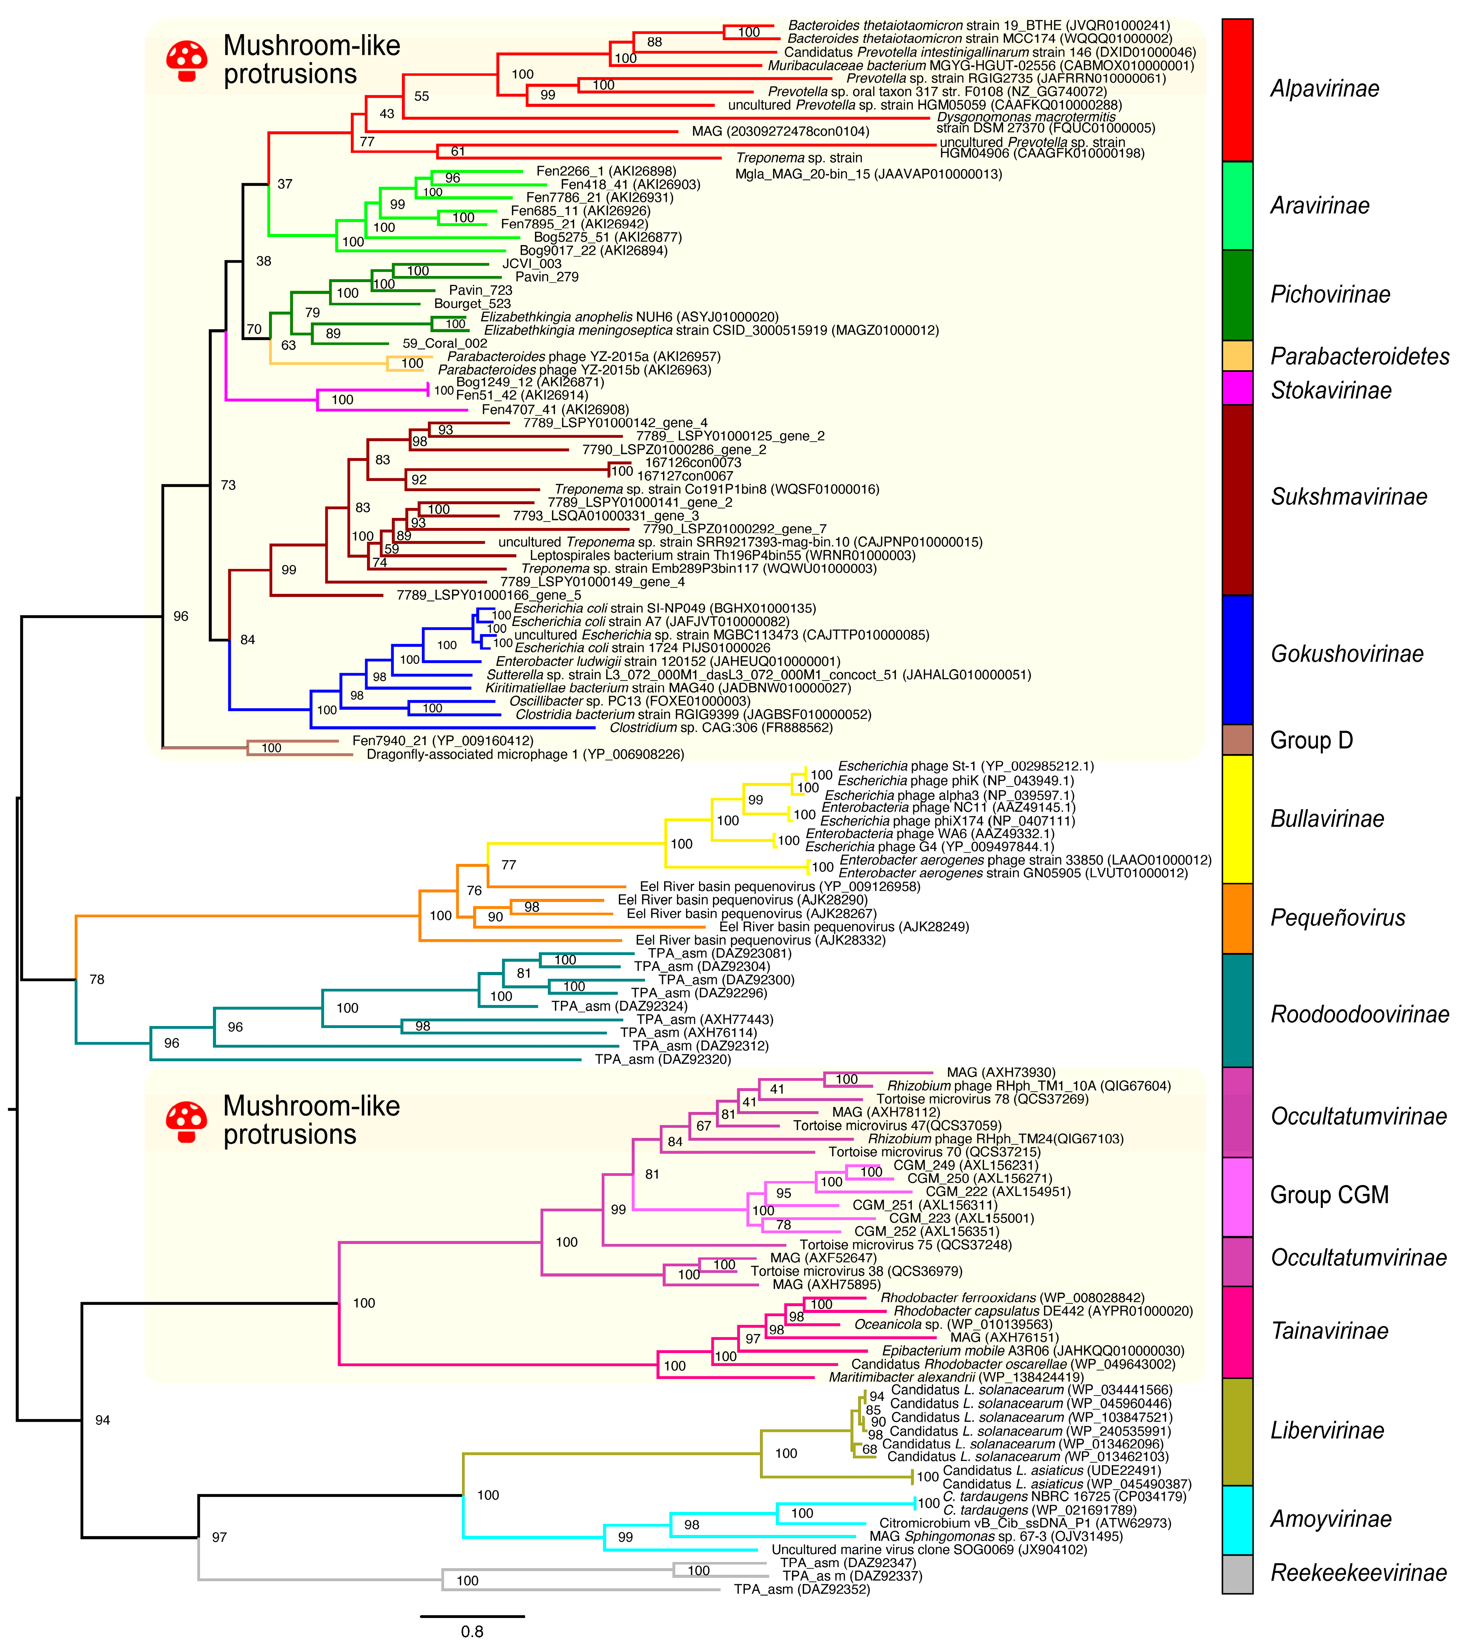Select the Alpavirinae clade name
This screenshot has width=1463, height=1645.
[1325, 89]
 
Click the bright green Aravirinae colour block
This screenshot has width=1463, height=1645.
[1237, 205]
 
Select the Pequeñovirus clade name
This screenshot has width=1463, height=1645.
[1337, 918]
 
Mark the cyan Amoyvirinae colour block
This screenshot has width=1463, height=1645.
[1237, 1519]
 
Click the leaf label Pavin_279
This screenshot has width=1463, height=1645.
[547, 277]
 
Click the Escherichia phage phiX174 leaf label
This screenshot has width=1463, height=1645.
[947, 821]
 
